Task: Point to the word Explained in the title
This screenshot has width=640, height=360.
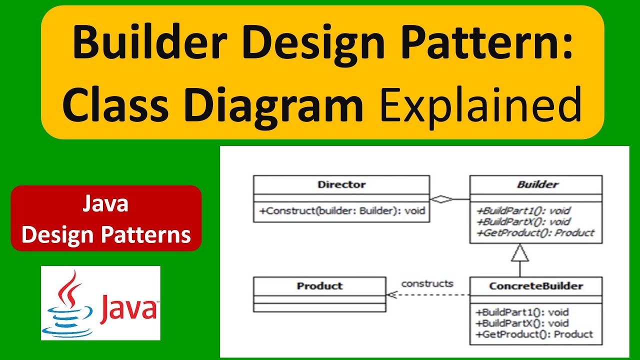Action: [478, 104]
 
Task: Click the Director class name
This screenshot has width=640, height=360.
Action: [341, 184]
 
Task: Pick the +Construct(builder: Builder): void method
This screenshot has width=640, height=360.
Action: [342, 211]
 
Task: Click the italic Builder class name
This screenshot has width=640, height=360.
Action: [537, 184]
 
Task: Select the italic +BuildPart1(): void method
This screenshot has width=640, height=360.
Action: [524, 211]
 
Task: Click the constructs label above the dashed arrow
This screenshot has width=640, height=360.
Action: [427, 283]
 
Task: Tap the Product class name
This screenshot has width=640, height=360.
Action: [319, 286]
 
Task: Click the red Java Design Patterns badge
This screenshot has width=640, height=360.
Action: [106, 218]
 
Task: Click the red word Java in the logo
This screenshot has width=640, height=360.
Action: [128, 307]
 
